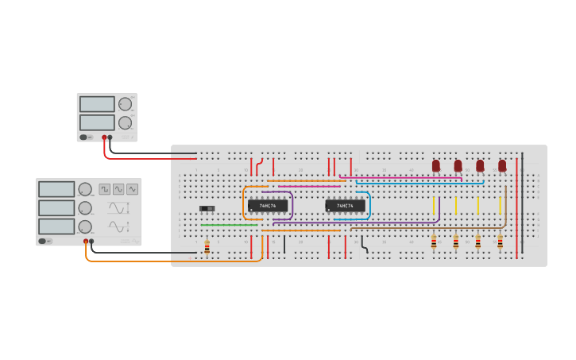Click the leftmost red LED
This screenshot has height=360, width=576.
click(x=435, y=165)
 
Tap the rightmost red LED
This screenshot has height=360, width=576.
click(x=502, y=165)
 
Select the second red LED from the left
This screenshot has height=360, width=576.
click(x=458, y=165)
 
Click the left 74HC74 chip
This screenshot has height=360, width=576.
click(x=268, y=206)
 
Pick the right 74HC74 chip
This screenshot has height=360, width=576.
click(x=346, y=206)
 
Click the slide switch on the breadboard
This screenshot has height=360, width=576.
click(x=207, y=209)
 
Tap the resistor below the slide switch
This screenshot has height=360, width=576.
click(x=207, y=248)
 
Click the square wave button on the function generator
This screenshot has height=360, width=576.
click(x=104, y=189)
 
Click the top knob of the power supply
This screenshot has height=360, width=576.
click(x=125, y=104)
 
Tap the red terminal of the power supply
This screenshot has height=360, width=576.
click(x=103, y=137)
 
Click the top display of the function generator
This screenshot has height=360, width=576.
click(x=56, y=189)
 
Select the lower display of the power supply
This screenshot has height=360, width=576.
click(x=97, y=122)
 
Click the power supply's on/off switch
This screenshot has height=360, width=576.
click(x=83, y=137)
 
